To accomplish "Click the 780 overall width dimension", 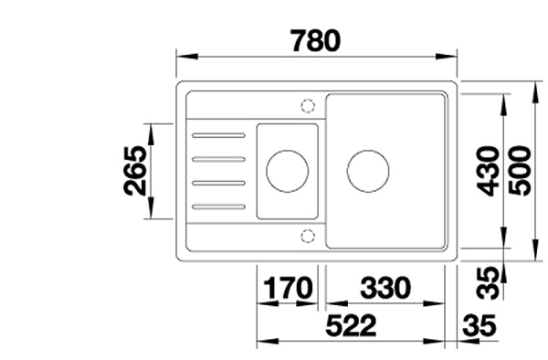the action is [315, 41].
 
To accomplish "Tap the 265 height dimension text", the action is [135, 171].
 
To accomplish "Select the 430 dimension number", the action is [489, 171].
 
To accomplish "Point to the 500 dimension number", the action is [520, 171].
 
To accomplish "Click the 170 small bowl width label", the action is [288, 288].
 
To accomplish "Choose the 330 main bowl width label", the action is [385, 288].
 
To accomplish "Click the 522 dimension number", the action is [351, 326].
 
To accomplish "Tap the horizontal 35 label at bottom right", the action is [479, 326].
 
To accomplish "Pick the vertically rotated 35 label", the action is [489, 282].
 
